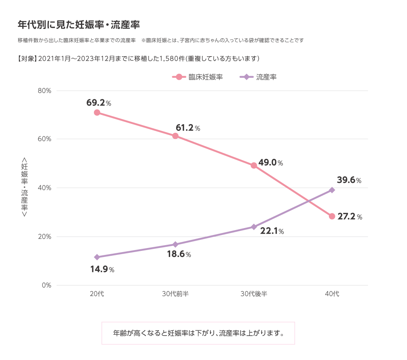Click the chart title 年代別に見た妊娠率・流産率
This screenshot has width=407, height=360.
pyautogui.click(x=79, y=25)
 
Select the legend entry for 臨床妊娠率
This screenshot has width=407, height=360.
pyautogui.click(x=198, y=77)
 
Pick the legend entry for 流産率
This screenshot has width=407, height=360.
pyautogui.click(x=259, y=77)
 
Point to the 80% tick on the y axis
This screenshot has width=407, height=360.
pyautogui.click(x=44, y=90)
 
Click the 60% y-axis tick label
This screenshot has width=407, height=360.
pyautogui.click(x=44, y=139)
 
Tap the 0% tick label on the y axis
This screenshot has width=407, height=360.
pyautogui.click(x=46, y=285)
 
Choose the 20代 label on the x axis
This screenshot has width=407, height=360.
pyautogui.click(x=97, y=294)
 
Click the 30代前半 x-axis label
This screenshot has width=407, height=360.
pyautogui.click(x=175, y=294)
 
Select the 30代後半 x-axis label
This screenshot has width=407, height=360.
pyautogui.click(x=254, y=294)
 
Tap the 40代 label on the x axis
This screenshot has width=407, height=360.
pyautogui.click(x=332, y=294)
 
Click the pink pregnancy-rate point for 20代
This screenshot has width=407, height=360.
pyautogui.click(x=97, y=112)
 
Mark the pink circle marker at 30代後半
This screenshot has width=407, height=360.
pyautogui.click(x=254, y=165)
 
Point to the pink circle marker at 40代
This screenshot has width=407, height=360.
pyautogui.click(x=332, y=216)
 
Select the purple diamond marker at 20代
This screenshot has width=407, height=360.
pyautogui.click(x=97, y=257)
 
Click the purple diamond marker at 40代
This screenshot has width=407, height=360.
pyautogui.click(x=332, y=190)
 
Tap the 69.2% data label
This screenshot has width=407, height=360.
pyautogui.click(x=98, y=103)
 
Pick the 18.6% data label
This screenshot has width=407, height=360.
pyautogui.click(x=179, y=255)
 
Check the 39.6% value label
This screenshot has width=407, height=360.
pyautogui.click(x=349, y=180)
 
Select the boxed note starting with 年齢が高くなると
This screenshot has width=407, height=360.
pyautogui.click(x=198, y=333)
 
